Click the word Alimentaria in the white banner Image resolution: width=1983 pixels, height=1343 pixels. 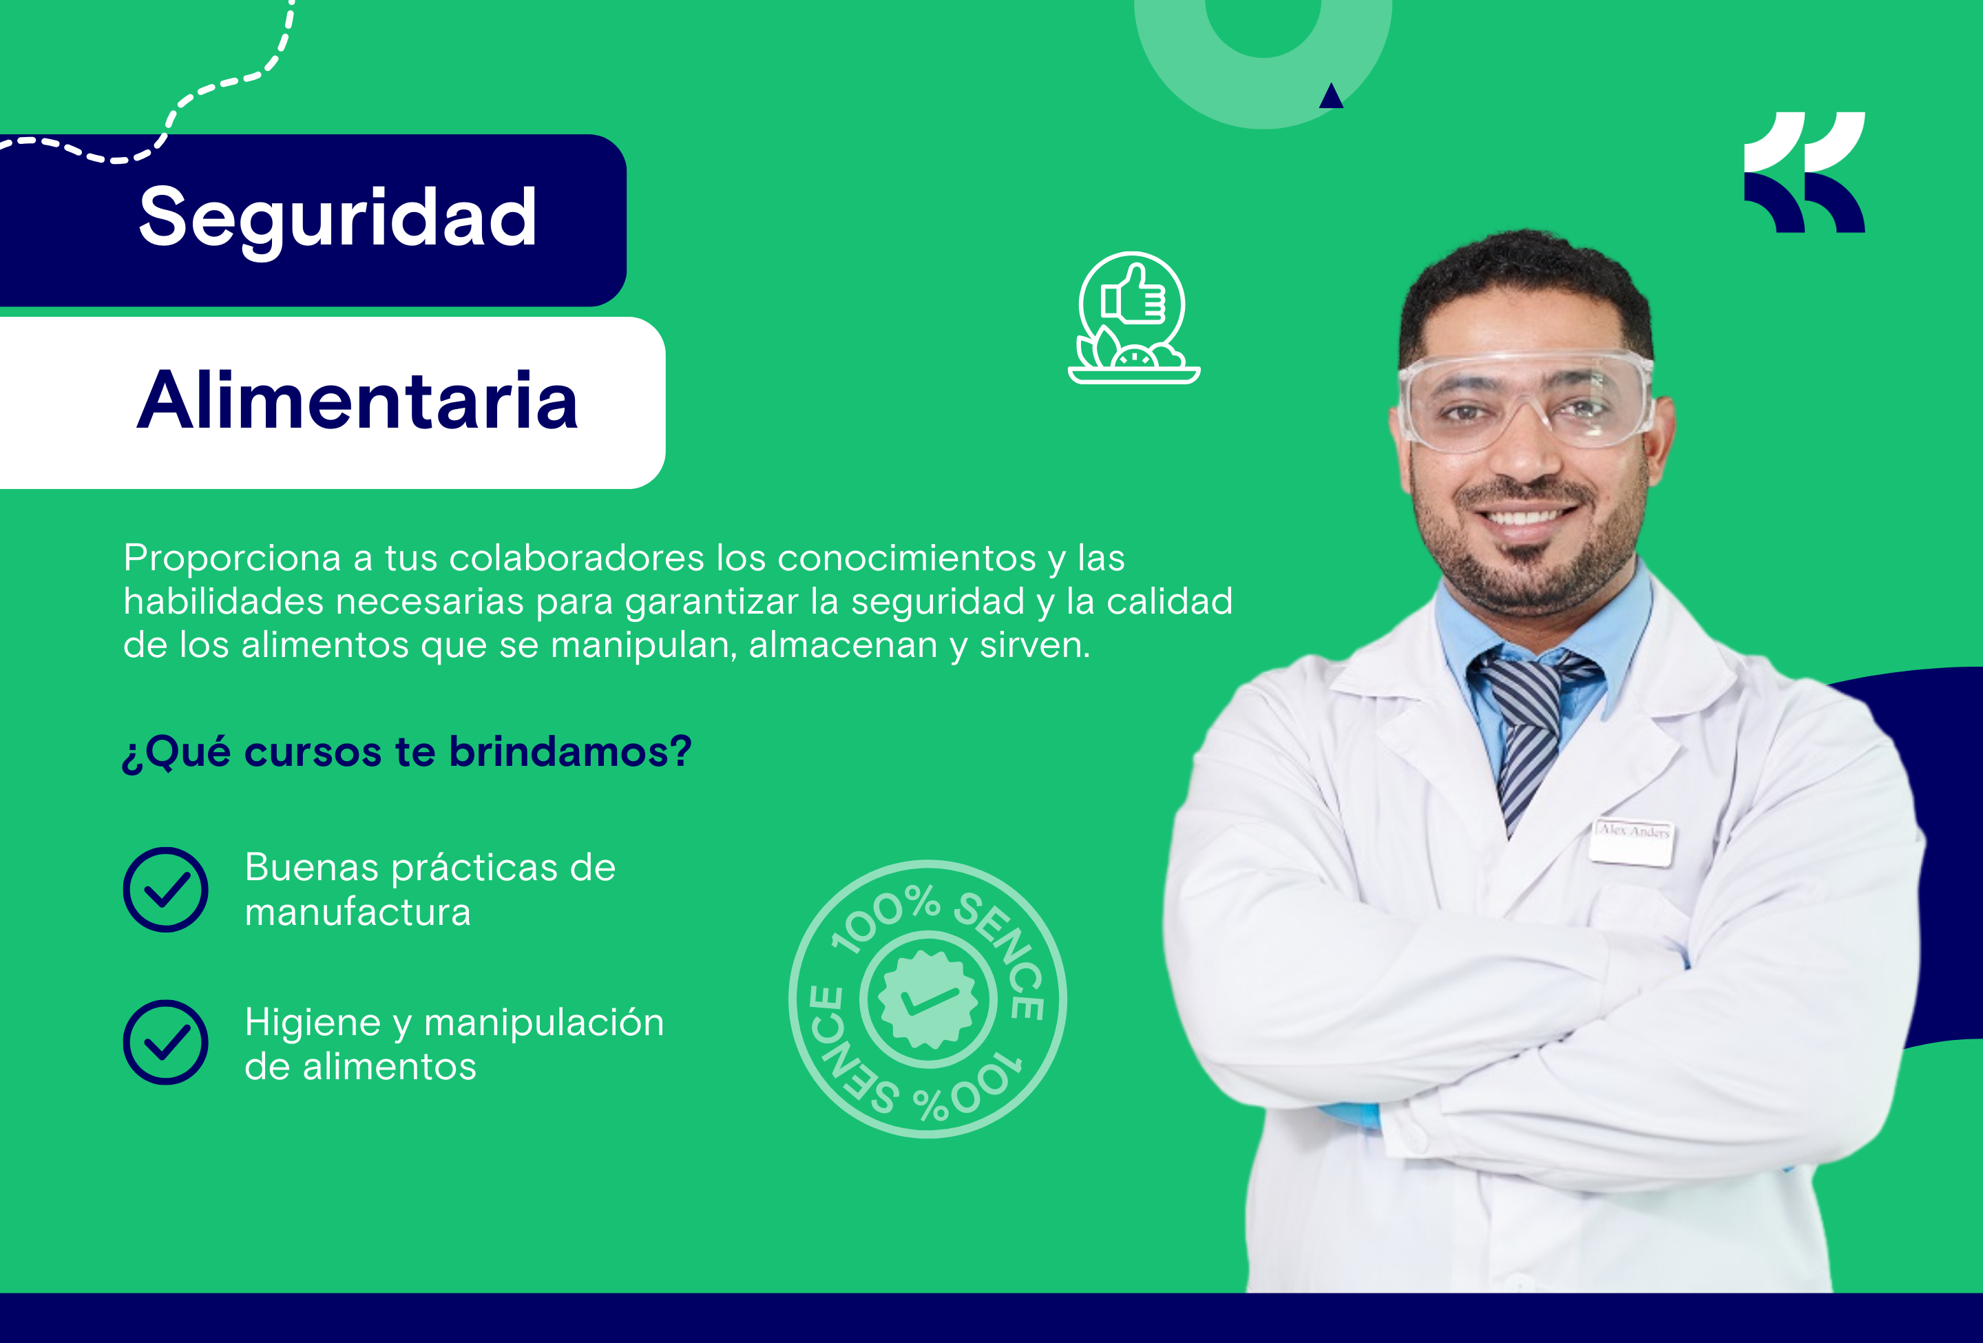357,400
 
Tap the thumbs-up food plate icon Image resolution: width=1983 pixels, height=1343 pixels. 1134,318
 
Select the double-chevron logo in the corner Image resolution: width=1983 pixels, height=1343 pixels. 1804,172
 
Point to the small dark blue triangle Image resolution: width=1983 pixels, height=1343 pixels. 1331,96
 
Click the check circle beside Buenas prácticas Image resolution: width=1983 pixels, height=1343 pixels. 165,889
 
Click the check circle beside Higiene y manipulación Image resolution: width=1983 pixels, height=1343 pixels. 165,1042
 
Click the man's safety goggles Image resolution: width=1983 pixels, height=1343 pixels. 1526,400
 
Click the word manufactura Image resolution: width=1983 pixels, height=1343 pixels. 357,912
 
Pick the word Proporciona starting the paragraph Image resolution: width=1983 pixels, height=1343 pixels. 232,559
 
